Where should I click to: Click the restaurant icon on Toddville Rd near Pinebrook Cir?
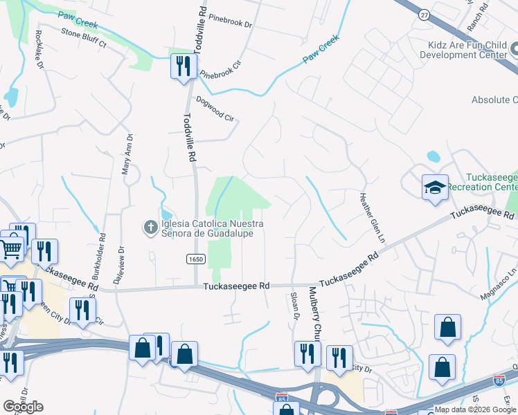pos(183,66)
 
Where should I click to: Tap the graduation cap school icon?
pos(434,187)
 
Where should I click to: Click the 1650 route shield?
pos(195,259)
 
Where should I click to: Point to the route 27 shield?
pos(423,14)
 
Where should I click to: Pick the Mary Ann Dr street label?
pos(128,159)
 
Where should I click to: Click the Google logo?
pos(24,406)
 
